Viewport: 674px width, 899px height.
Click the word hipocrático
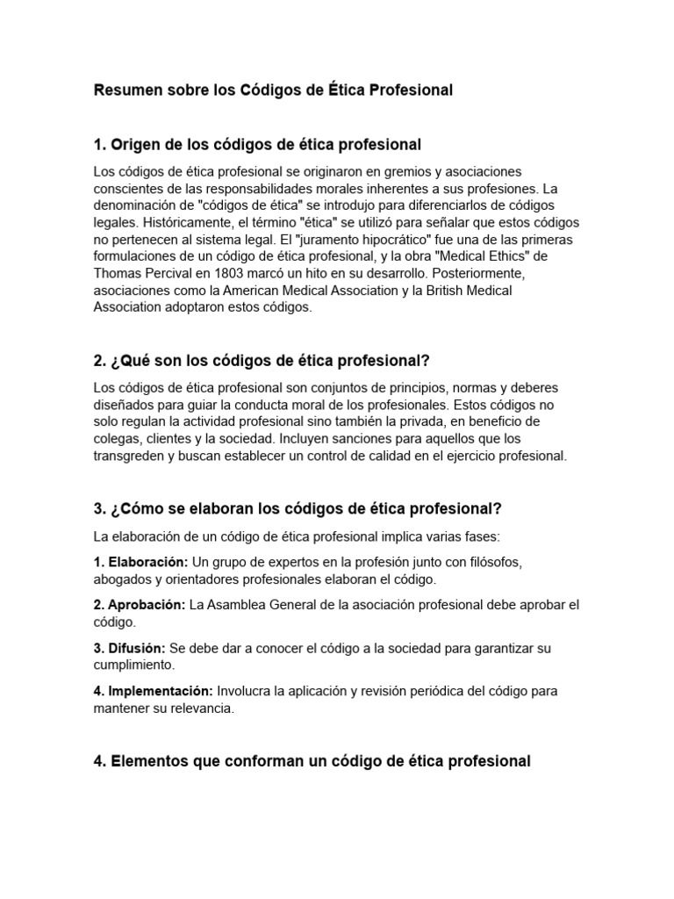click(360, 239)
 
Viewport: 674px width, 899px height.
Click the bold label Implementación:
click(153, 691)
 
